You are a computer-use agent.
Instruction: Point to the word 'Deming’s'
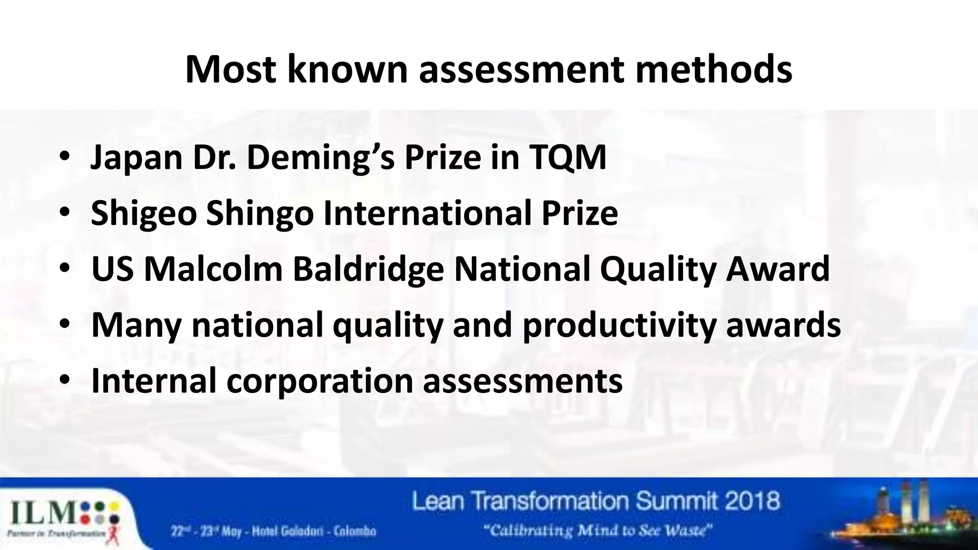[x=320, y=157]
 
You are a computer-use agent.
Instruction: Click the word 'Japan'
[x=137, y=158]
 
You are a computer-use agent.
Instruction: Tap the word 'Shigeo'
[x=143, y=214]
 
